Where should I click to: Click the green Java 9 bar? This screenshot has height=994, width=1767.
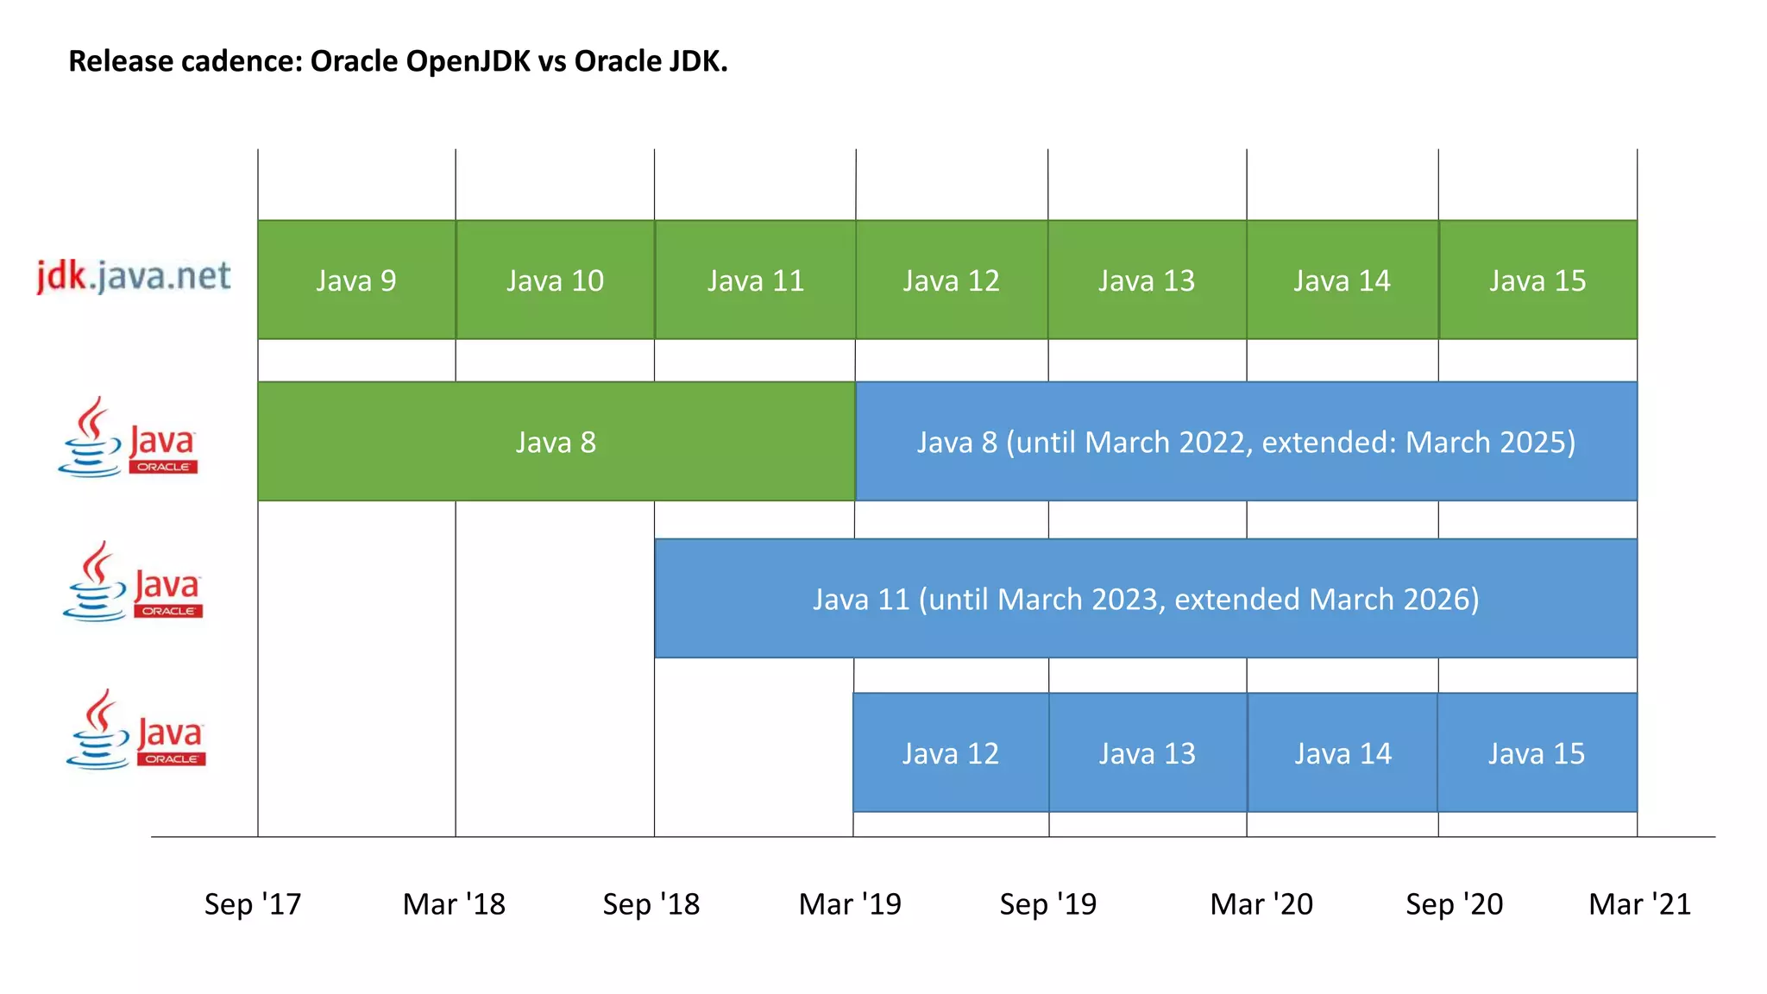coord(356,280)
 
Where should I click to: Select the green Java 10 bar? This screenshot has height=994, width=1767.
coord(555,280)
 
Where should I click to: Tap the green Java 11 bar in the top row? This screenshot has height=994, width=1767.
coord(755,280)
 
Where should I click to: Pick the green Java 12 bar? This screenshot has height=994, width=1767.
coord(951,280)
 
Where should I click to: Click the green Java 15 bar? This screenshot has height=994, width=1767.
coord(1537,280)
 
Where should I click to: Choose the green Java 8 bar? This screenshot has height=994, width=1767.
coord(556,442)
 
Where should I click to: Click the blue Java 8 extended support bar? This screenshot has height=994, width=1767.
coord(1246,442)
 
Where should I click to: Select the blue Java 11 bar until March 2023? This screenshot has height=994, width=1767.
coord(1146,599)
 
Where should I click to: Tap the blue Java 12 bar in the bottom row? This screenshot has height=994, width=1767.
coord(950,752)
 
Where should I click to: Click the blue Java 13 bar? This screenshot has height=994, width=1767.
coord(1148,752)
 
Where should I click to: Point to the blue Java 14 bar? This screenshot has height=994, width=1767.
coord(1343,752)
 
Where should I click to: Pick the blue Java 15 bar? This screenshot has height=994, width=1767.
coord(1537,752)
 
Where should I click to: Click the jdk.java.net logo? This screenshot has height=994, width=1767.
coord(134,276)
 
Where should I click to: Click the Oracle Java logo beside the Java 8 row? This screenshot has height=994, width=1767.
coord(128,438)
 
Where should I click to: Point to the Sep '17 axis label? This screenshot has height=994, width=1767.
coord(253,903)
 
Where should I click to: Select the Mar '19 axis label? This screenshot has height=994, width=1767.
coord(850,903)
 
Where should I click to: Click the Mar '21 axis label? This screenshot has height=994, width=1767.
coord(1639,903)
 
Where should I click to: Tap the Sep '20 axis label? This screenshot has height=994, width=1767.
coord(1454,903)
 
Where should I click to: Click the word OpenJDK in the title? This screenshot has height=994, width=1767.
coord(468,61)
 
